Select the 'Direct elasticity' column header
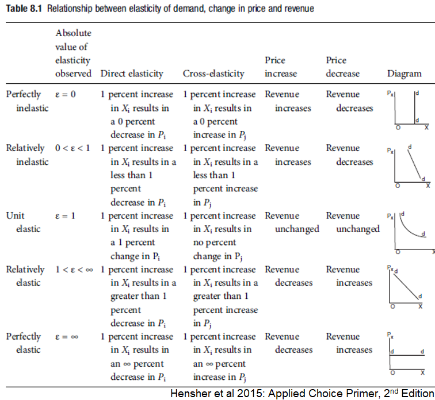[x=132, y=74]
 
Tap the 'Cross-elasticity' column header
[x=213, y=74]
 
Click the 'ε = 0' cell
[x=66, y=94]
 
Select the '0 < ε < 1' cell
[x=72, y=148]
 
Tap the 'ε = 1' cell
[x=66, y=216]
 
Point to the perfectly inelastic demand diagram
[x=408, y=110]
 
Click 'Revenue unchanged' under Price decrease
[x=352, y=222]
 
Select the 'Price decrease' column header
[x=342, y=67]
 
